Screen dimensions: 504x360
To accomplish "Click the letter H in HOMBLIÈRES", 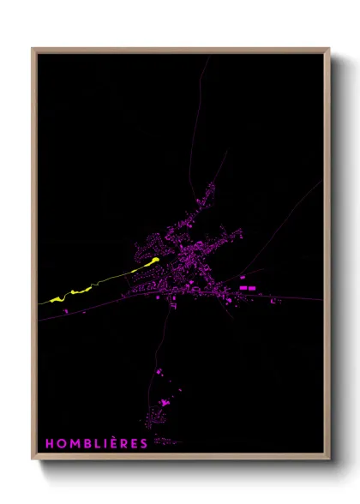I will pyautogui.click(x=50, y=443).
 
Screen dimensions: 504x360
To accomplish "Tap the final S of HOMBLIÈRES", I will pyautogui.click(x=143, y=443).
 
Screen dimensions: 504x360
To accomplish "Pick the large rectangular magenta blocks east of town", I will pyautogui.click(x=246, y=288).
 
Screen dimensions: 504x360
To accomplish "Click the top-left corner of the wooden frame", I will pyautogui.click(x=33, y=50).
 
